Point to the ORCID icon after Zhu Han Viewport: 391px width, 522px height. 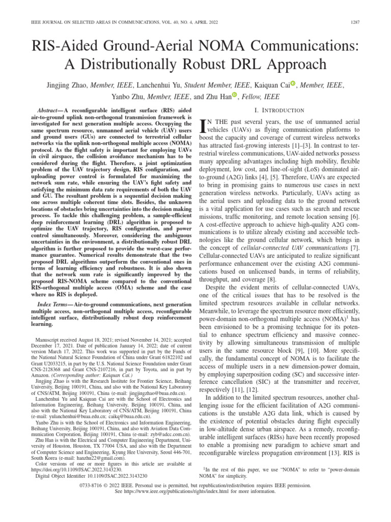click(x=234, y=95)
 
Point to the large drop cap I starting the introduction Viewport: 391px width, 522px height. click(x=204, y=126)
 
